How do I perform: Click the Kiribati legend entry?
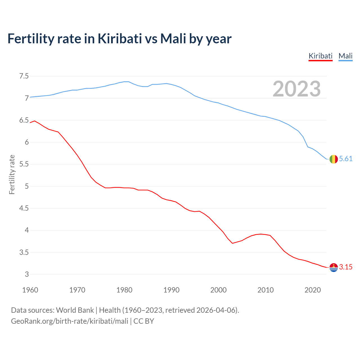coord(320,56)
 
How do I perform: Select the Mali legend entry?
coord(345,56)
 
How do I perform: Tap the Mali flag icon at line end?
coord(334,159)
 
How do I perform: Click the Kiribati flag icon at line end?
coord(334,267)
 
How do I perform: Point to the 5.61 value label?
coord(346,159)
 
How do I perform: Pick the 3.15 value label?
coord(346,267)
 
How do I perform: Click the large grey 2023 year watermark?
coord(297,89)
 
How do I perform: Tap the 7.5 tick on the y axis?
coord(24,76)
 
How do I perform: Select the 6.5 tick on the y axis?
coord(24,120)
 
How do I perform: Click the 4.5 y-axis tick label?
coord(24,208)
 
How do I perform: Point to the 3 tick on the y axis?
coord(27,274)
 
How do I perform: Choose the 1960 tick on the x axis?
coord(30,290)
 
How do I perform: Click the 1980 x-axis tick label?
coord(124,290)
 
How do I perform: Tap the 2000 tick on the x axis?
coord(219,290)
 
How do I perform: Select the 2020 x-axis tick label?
coord(312,290)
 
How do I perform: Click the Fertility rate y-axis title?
coord(12,174)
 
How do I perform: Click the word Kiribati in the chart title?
coord(120,39)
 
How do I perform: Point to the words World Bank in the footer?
coord(75,310)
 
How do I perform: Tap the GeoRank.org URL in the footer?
coord(69,321)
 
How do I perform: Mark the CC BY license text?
coord(144,321)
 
